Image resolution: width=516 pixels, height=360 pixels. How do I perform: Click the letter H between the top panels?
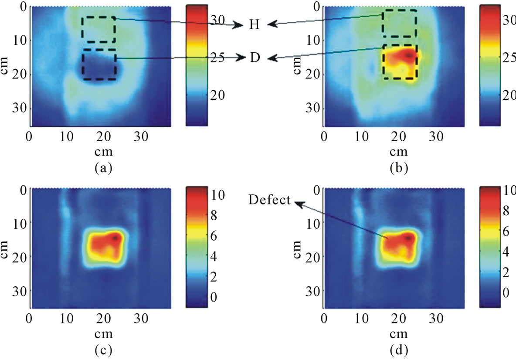coord(254,25)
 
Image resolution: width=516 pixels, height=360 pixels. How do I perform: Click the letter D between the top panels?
coord(254,58)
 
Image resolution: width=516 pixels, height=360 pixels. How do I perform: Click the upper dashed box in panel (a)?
coord(98,30)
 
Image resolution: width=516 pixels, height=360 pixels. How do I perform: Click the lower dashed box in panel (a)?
coord(99,65)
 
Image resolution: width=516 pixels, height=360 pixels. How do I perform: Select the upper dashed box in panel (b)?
coord(399,24)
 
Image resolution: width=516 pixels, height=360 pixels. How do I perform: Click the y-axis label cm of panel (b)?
coord(298,64)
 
